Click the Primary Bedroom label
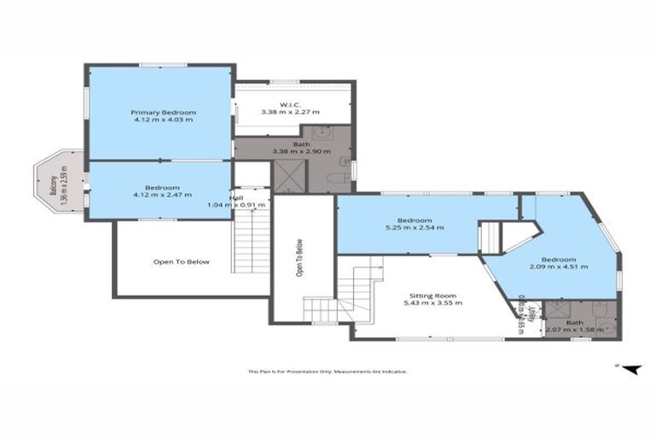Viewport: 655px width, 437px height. click(163, 113)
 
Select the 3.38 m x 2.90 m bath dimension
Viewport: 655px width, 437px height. click(290, 151)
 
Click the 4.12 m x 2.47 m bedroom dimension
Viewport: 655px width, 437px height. click(162, 195)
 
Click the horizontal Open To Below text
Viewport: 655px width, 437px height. click(181, 262)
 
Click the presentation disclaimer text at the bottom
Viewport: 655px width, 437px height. click(327, 371)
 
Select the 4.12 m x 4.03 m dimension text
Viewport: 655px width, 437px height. click(163, 120)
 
